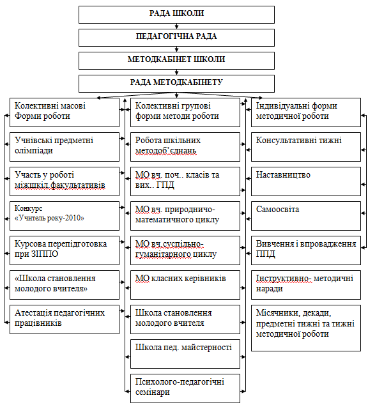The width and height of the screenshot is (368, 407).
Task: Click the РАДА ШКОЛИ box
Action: coord(176,15)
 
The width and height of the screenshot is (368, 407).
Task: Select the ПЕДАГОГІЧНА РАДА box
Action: coord(176,38)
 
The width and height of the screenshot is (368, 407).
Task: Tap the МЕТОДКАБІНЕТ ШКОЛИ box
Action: coord(176,61)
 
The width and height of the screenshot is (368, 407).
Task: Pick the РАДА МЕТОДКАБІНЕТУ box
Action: coord(176,84)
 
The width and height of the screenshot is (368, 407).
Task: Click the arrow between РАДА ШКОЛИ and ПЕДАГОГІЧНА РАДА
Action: coord(177,26)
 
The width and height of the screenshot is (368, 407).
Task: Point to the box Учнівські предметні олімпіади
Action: coord(65,147)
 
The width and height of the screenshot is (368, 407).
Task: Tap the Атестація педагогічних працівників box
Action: coord(65,319)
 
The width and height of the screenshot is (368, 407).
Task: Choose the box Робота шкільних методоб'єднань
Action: coord(185,147)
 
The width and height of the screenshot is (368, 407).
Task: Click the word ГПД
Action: coord(165,185)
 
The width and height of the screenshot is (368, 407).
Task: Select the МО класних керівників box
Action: coord(185,285)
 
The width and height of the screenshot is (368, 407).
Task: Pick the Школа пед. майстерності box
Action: coord(185,354)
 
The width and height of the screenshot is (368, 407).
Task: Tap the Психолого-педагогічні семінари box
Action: coord(185,388)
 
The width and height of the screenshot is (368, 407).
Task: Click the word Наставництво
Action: coord(283,174)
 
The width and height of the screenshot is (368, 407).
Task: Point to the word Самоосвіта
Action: coord(277,209)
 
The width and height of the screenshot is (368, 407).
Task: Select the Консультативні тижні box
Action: coord(306,147)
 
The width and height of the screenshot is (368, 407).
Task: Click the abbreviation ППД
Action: coord(265,254)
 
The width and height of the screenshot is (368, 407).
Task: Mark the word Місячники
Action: coord(277,313)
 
